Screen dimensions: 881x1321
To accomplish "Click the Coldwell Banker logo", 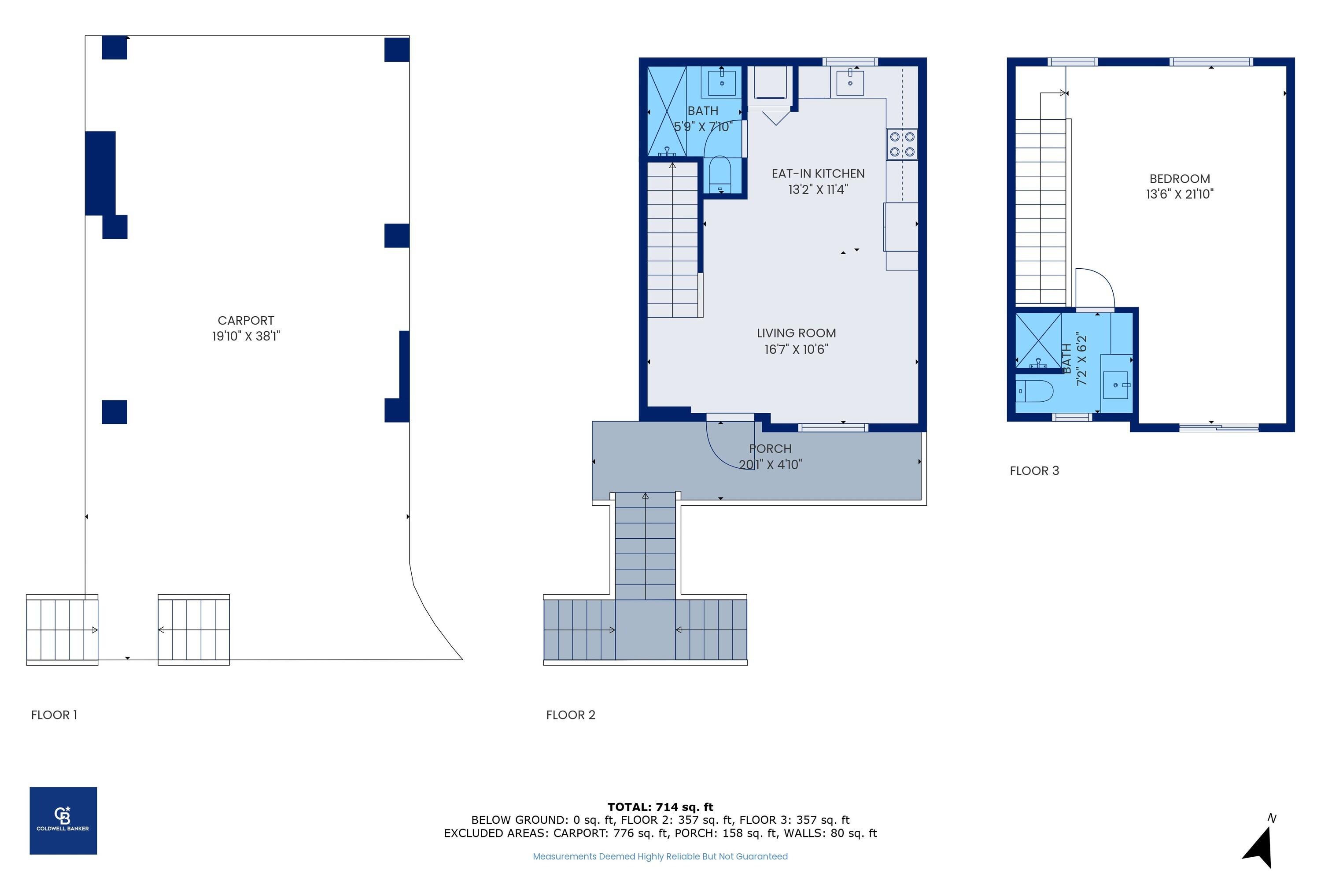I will (63, 820).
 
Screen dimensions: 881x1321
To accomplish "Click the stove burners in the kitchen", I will (902, 144).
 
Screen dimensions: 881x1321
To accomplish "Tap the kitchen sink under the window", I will (850, 83).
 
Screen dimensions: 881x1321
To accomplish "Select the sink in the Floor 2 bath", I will (722, 83).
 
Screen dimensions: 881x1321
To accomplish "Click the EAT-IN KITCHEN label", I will (818, 174).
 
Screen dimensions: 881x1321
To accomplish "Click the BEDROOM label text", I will (1180, 179).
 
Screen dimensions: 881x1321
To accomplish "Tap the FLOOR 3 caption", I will (1034, 471).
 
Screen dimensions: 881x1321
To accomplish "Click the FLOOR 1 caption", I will (54, 714).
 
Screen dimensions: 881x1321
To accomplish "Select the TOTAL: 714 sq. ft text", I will (660, 807).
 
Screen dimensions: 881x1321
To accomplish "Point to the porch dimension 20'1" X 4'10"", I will (770, 465).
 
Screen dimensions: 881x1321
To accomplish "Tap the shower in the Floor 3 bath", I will (1038, 342).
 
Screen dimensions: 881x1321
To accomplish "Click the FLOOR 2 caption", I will (570, 714).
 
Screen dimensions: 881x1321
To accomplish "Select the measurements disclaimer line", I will (660, 856).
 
